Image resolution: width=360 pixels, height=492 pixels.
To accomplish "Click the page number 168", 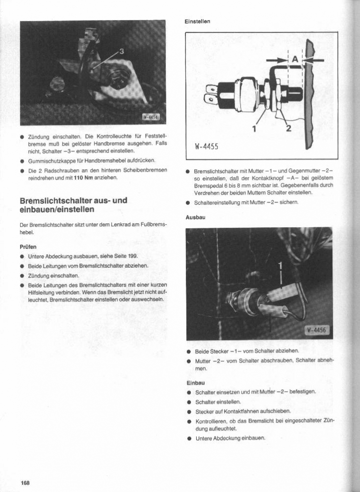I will point(25,483).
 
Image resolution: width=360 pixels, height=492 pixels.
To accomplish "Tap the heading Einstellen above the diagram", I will point(197,22).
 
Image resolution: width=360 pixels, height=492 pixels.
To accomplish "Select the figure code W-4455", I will point(207,147).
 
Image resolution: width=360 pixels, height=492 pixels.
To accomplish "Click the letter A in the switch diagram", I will point(295,59).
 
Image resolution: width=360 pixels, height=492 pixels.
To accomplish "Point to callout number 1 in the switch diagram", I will point(254,129).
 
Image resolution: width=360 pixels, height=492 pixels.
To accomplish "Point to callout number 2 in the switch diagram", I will point(288,129).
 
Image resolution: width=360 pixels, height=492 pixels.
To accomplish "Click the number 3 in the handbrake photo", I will point(121,51).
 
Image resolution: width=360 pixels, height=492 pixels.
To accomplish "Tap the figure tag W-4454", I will point(151,117).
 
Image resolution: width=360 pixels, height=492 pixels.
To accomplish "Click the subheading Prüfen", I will point(29,246).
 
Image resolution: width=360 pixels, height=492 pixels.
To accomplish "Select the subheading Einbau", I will point(195,382).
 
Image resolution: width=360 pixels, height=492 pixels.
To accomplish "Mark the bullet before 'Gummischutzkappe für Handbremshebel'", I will point(22,161).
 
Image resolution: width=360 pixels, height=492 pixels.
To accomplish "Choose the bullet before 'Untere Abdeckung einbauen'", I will point(189,438).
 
